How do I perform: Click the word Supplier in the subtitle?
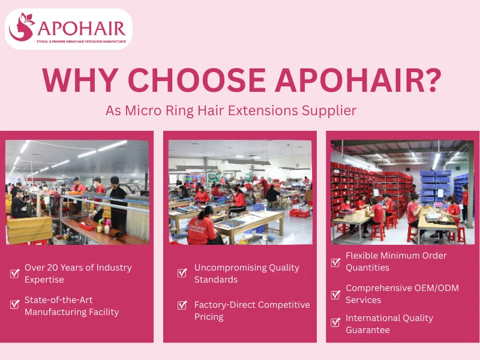(332, 110)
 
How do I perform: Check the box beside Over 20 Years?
(15, 274)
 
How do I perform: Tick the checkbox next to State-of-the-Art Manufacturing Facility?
(15, 304)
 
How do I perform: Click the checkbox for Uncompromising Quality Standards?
(182, 274)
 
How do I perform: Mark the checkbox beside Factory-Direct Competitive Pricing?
(182, 305)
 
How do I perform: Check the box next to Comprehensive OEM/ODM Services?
(336, 295)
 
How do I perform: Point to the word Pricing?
(209, 317)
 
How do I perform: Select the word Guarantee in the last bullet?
(368, 330)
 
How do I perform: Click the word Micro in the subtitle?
(139, 110)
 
